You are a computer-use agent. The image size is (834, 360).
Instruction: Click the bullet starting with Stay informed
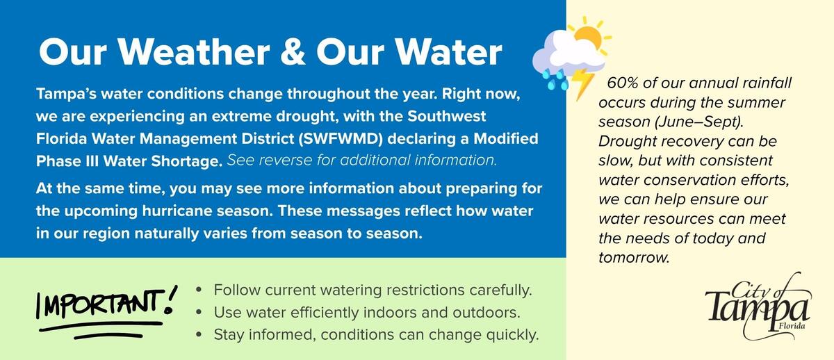click(x=376, y=335)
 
